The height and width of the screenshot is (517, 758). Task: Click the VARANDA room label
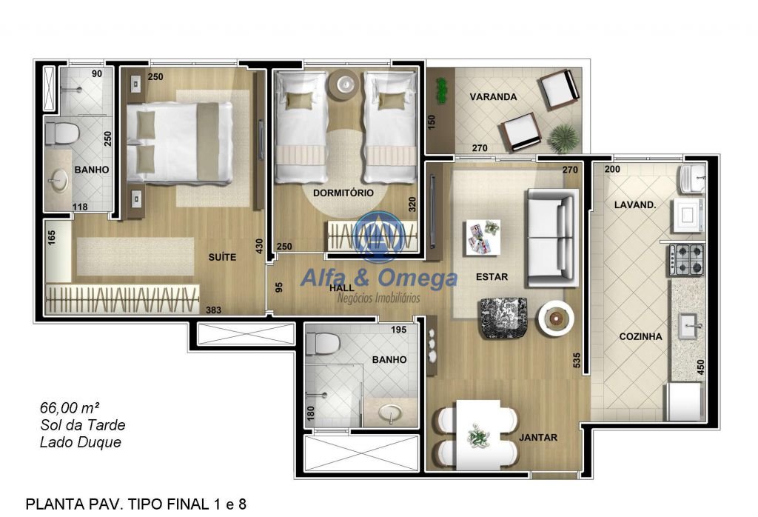[x=493, y=97]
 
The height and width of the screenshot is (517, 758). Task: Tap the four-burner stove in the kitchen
[x=686, y=259]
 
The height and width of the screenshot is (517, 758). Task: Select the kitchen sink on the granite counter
[x=688, y=327]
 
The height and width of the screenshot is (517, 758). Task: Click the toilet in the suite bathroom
[x=62, y=133]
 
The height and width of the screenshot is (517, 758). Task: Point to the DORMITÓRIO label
[x=343, y=193]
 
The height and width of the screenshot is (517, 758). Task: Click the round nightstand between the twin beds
[x=345, y=84]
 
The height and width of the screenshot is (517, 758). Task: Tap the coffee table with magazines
[x=483, y=237]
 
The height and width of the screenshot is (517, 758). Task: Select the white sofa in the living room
[x=552, y=238]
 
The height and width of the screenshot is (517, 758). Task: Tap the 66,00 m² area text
[x=70, y=407]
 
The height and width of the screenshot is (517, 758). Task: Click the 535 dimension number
[x=577, y=360]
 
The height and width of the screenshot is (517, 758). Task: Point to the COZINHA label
[x=640, y=336]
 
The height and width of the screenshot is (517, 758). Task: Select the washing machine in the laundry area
[x=687, y=216]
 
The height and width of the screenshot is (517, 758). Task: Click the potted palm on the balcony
[x=564, y=137]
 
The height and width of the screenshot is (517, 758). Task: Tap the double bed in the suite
[x=180, y=144]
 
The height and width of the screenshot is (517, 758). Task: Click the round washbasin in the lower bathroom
[x=390, y=414]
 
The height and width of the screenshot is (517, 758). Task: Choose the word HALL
[x=342, y=288]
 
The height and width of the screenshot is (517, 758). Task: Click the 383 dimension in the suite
[x=214, y=310]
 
